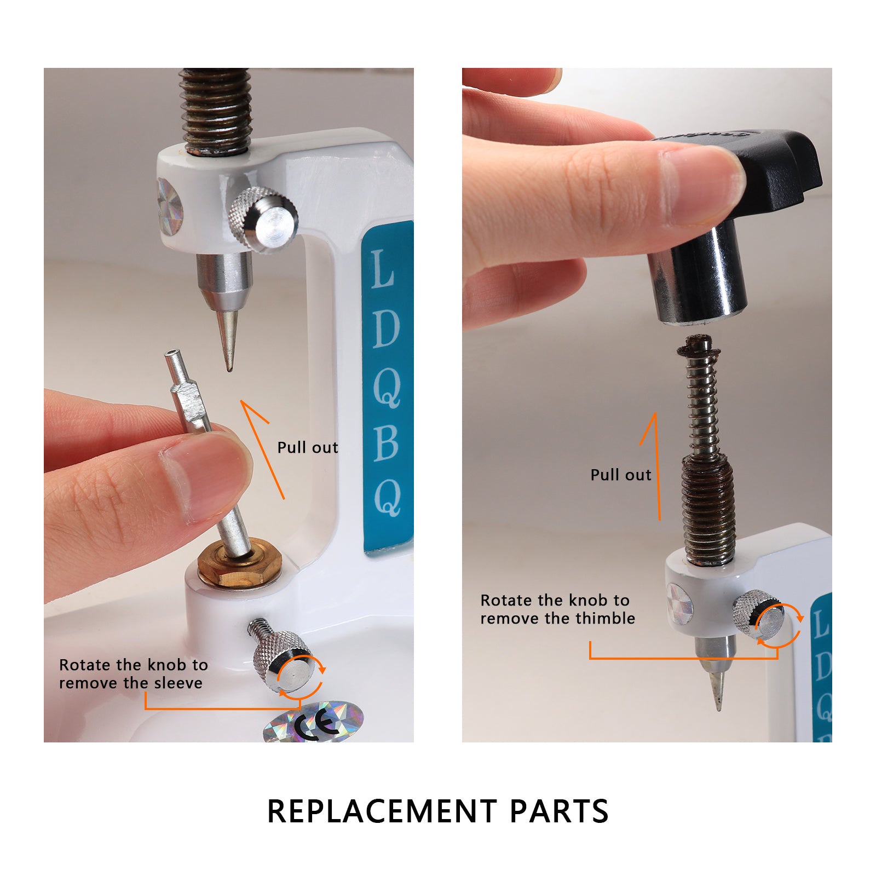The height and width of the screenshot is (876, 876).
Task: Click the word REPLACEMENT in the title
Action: (382, 811)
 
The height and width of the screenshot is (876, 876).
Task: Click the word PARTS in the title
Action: (559, 811)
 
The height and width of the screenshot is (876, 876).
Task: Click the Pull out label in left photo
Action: (308, 448)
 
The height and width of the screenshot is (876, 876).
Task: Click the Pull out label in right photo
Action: (621, 475)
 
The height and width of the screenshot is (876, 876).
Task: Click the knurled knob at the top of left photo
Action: (263, 220)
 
